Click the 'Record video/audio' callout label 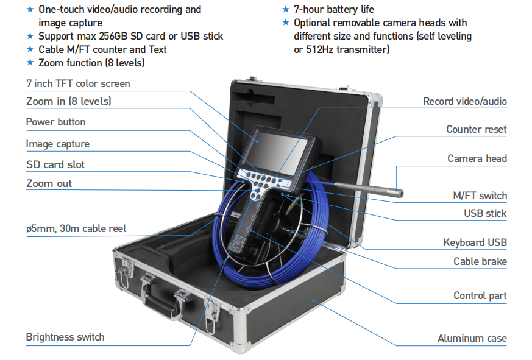click(x=465, y=101)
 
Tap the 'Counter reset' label click(x=476, y=129)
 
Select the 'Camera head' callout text click(x=477, y=158)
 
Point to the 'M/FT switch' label click(x=479, y=196)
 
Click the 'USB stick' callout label click(x=485, y=213)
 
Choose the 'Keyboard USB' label click(x=475, y=242)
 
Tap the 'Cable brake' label click(x=480, y=261)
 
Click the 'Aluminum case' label click(x=472, y=338)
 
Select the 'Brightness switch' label click(x=65, y=337)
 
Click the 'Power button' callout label click(x=55, y=122)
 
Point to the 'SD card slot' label click(x=55, y=164)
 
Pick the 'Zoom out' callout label click(x=49, y=183)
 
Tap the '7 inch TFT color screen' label click(x=78, y=83)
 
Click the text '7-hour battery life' click(x=334, y=9)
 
